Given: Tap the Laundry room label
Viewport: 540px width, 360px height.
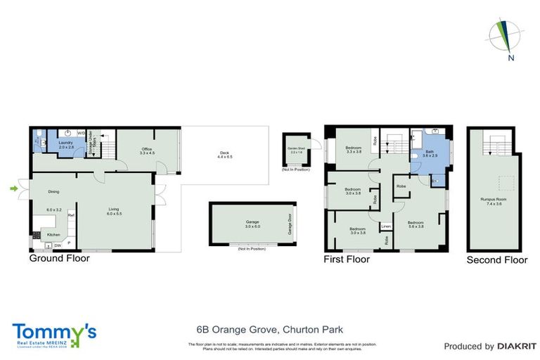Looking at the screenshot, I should (66, 143).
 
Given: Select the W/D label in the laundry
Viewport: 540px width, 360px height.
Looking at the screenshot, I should (81, 132).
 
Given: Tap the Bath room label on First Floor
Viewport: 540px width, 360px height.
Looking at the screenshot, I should (429, 150).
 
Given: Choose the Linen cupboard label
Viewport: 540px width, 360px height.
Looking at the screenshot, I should (386, 226).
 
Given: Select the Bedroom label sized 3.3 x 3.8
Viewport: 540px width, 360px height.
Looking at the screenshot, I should (353, 148).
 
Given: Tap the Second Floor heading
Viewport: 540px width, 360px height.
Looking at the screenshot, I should (497, 260).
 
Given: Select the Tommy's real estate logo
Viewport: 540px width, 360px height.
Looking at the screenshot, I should (53, 333).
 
